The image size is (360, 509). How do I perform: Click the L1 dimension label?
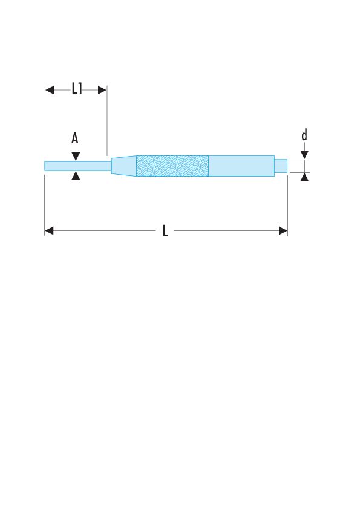coord(77,88)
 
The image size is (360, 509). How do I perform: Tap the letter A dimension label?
coord(75,138)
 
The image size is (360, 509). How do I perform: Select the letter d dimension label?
coord(304,135)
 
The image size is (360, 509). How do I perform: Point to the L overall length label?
coord(165,231)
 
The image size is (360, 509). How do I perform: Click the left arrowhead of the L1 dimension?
coord(50,90)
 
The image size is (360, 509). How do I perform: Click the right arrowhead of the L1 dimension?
coord(102,90)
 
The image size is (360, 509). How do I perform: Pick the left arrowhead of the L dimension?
coord(49,231)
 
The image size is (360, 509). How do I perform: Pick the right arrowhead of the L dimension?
coord(283,231)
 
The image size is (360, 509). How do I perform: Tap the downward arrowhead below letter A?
coord(76,157)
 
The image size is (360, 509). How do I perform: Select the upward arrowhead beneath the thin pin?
coord(76,175)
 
